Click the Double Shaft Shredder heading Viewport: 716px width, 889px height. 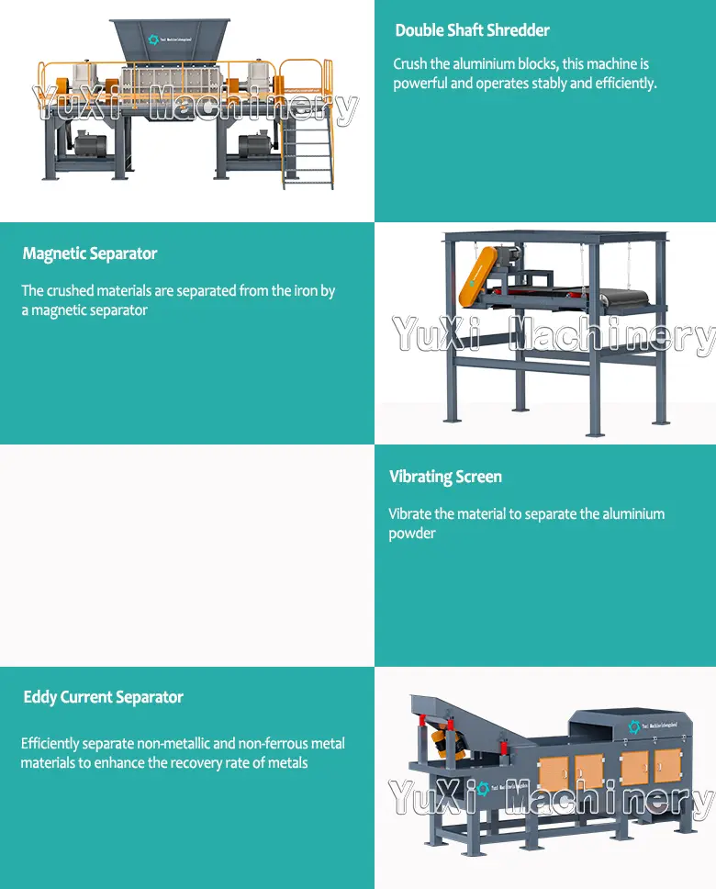point(472,30)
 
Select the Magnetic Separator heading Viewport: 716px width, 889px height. point(90,253)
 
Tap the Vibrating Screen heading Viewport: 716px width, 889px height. point(445,477)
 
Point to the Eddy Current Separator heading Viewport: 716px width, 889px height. point(103,697)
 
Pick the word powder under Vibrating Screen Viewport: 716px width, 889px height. point(412,534)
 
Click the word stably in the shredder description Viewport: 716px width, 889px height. point(543,84)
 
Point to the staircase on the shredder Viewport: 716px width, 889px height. point(307,152)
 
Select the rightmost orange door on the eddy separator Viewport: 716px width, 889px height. point(667,765)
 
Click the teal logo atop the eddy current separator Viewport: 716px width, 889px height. point(633,727)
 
